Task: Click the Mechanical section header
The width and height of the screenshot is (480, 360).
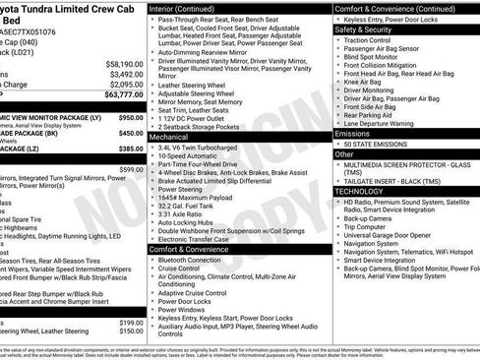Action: pos(170,139)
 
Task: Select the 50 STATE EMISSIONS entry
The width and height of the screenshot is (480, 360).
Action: pos(378,144)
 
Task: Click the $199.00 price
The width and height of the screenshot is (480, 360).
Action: pos(132,323)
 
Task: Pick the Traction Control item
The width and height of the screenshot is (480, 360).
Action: pos(369,40)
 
